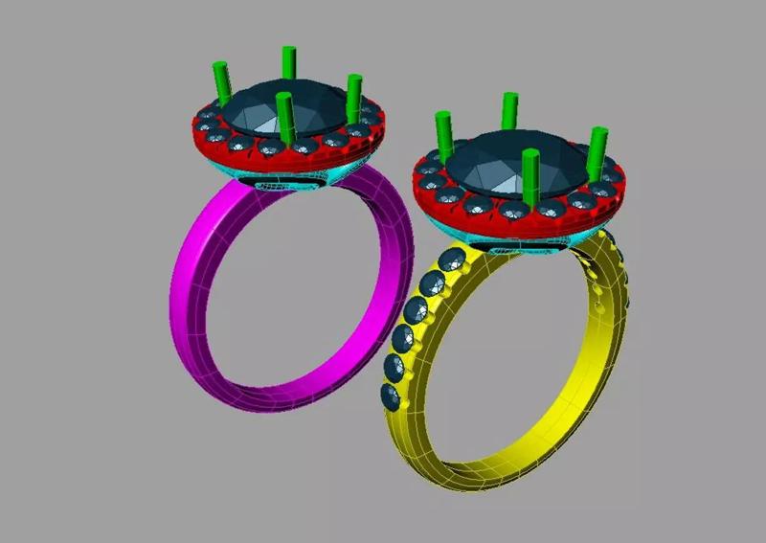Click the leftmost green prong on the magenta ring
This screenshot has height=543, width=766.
221,84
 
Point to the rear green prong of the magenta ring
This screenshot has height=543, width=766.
288,63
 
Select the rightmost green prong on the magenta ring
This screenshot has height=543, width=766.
354,96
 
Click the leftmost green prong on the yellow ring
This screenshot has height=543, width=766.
443,136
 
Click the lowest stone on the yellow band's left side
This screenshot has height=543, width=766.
391,396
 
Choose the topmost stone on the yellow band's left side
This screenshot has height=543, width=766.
450,259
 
